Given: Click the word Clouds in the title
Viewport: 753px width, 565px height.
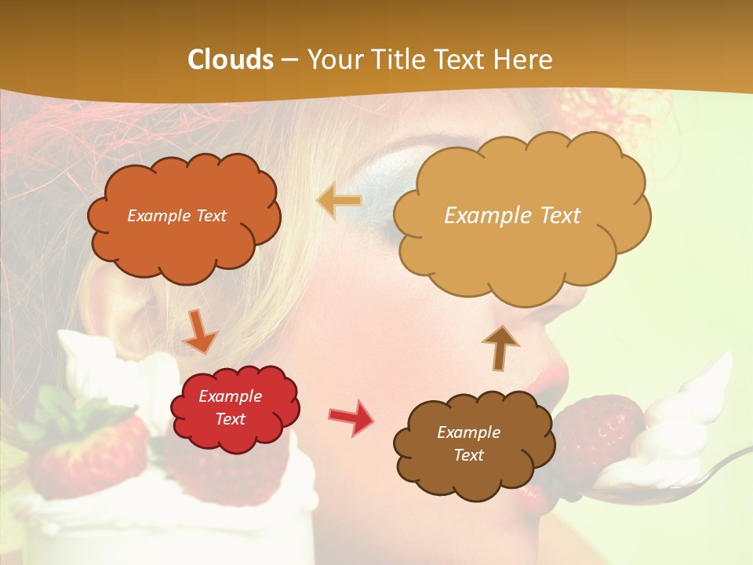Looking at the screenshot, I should tap(231, 60).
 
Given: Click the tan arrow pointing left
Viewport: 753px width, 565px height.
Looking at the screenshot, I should tap(339, 201).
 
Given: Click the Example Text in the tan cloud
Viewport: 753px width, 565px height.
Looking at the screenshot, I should tap(512, 216).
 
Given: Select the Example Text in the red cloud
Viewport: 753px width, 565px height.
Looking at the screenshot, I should tap(230, 407).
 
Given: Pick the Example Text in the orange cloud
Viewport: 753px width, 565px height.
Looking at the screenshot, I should tap(176, 216).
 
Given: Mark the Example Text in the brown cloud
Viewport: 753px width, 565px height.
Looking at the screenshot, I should tap(468, 443).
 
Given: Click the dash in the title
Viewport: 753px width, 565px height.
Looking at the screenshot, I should tap(290, 60).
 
